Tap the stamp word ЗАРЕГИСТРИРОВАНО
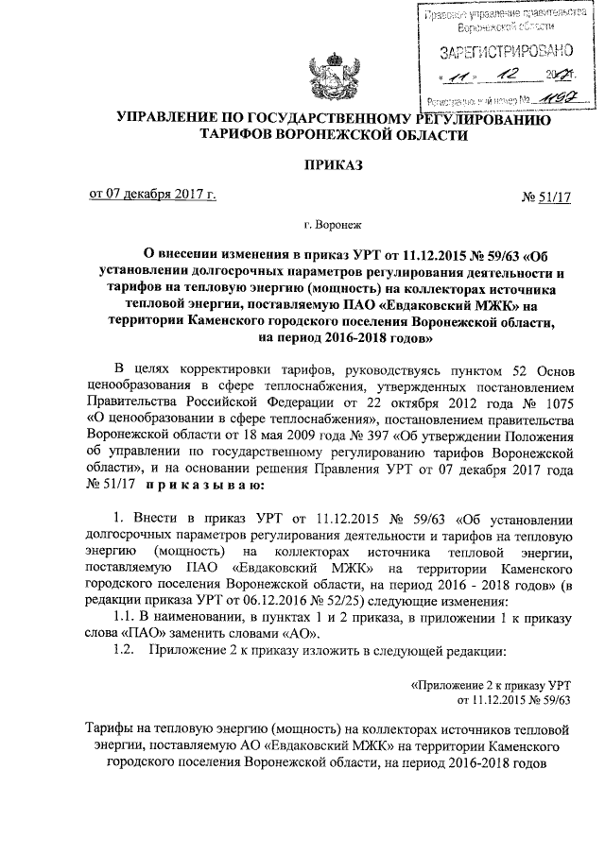click(499, 51)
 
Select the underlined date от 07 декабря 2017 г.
click(152, 195)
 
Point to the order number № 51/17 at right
click(547, 197)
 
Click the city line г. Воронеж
click(331, 226)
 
